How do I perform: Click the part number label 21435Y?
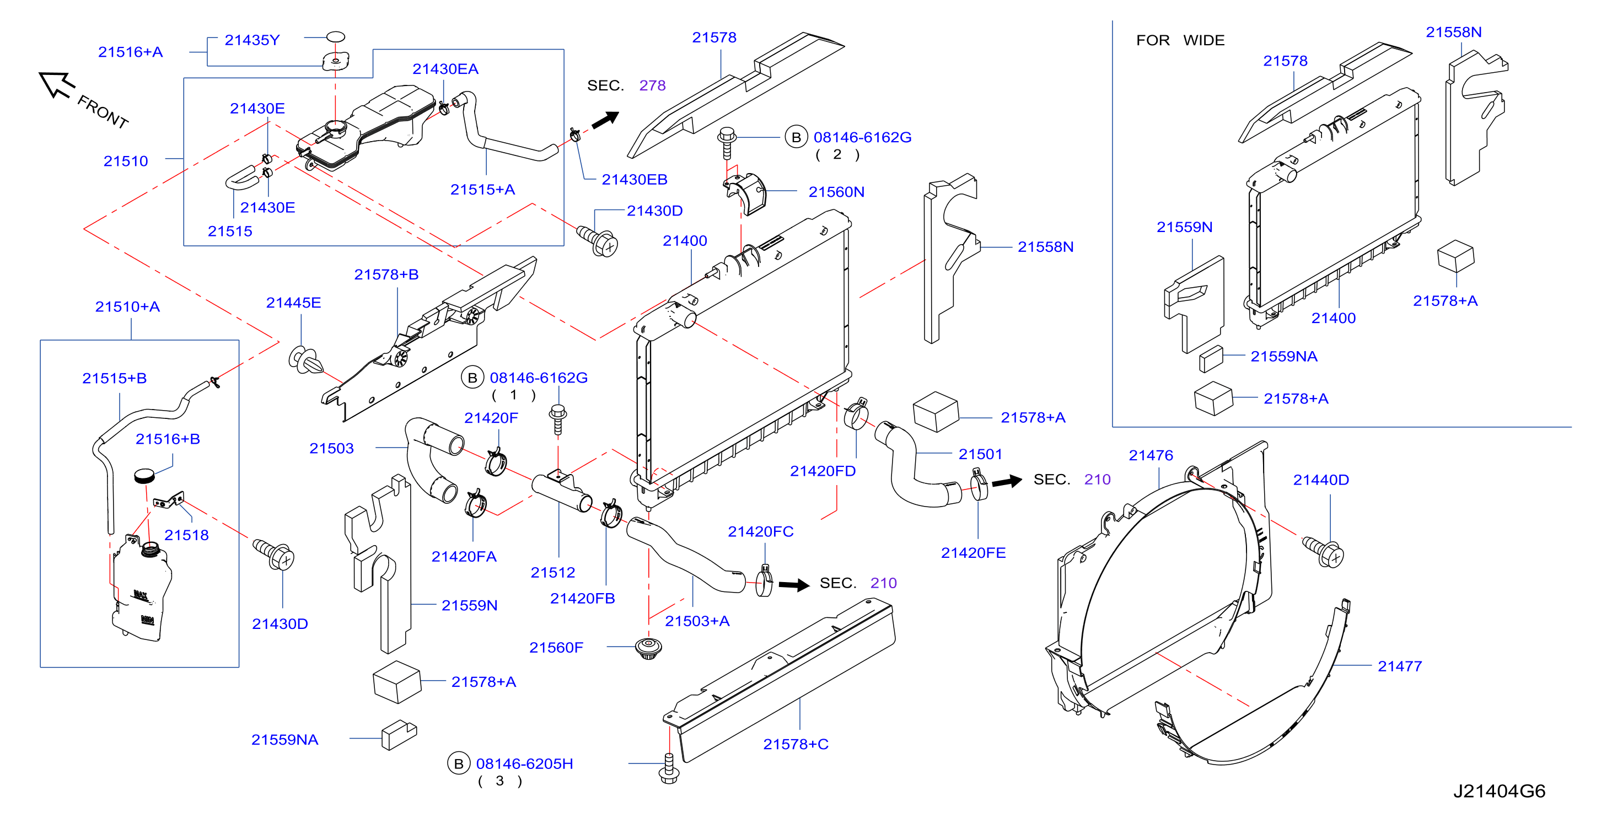252,40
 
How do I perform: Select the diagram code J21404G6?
1499,791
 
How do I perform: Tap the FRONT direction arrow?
57,84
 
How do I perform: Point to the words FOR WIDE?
1180,40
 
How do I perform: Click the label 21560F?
556,647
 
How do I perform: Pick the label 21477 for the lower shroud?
1399,666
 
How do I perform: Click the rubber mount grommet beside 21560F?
648,648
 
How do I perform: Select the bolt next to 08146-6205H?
669,768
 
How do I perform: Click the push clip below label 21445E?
306,360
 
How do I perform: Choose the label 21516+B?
168,439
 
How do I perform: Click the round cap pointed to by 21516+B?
144,475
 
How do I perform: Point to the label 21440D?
1321,480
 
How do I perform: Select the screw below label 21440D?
1323,551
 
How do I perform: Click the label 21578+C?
796,744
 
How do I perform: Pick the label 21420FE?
973,553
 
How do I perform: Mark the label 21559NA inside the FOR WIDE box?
1283,356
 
